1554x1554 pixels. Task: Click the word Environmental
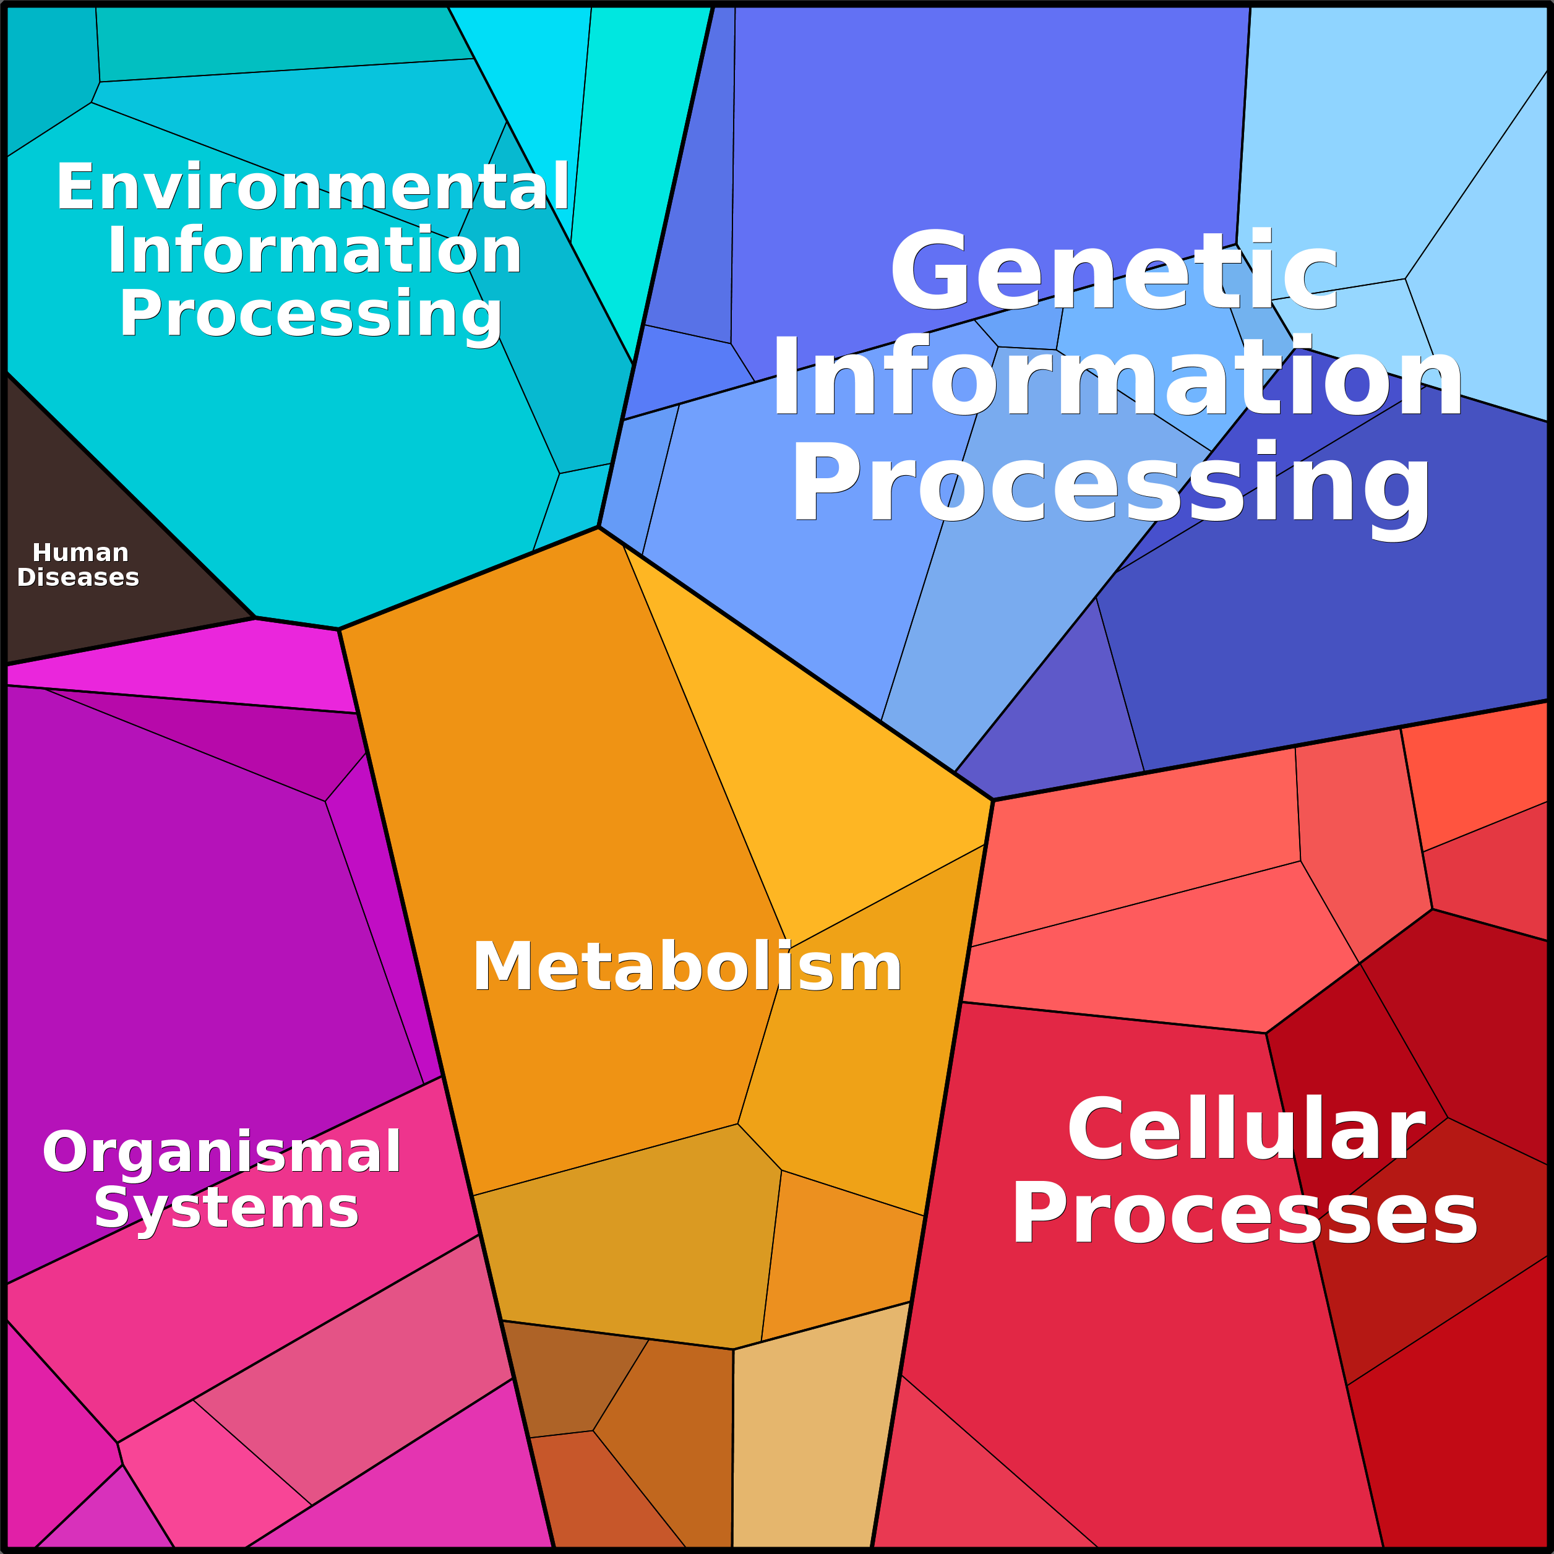313,187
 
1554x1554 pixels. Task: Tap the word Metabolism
687,967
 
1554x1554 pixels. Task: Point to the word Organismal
221,1152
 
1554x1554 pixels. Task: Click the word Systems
226,1208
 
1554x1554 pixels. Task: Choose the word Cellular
1246,1129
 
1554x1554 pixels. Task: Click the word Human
80,552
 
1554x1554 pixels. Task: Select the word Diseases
78,578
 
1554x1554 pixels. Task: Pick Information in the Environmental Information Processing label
314,251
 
